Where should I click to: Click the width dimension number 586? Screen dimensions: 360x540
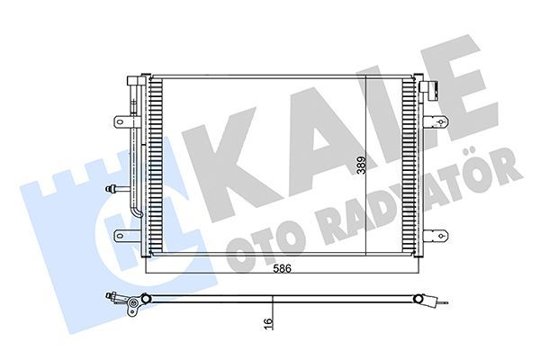[x=283, y=268]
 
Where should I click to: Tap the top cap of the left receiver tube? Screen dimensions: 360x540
[x=135, y=82]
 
